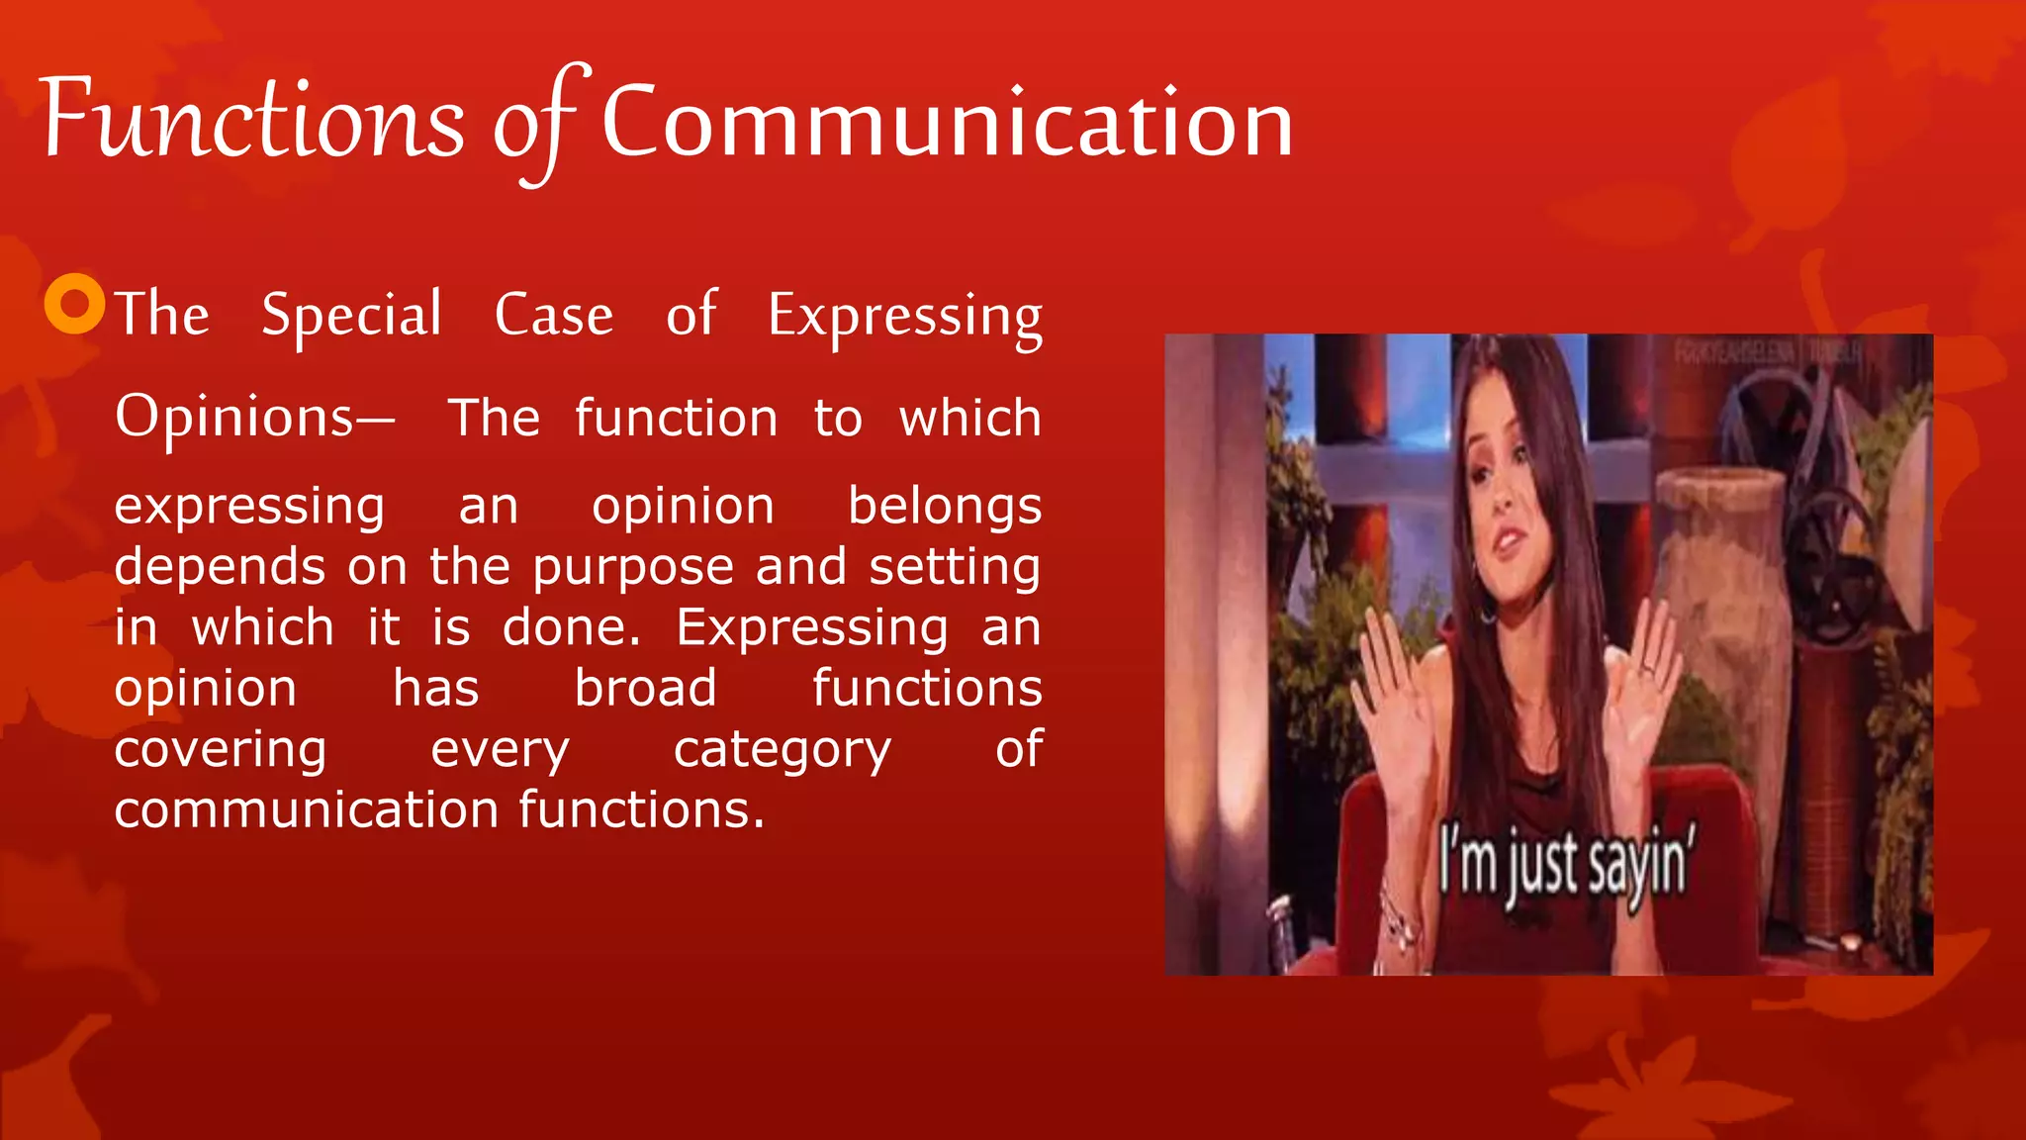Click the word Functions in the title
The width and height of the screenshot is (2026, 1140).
(x=252, y=122)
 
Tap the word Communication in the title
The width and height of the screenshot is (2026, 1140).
(x=947, y=124)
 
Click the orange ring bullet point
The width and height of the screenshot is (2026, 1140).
(x=75, y=304)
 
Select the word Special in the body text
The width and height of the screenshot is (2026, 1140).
(x=351, y=317)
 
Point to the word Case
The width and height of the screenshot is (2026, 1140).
(x=554, y=316)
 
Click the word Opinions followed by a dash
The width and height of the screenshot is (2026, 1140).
(x=253, y=418)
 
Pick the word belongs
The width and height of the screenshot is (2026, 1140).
(x=945, y=508)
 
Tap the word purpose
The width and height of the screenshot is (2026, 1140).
(x=633, y=568)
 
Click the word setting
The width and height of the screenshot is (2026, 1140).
(x=955, y=568)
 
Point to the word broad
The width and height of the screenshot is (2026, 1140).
(x=645, y=689)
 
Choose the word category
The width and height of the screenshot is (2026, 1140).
(x=783, y=750)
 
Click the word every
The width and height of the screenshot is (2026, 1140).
(x=501, y=750)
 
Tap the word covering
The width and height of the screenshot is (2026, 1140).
(x=221, y=750)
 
